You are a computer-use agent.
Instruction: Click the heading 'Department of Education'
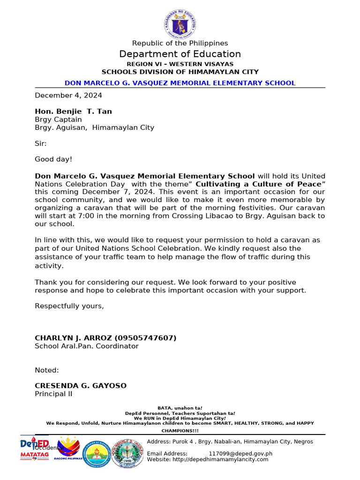coord(180,54)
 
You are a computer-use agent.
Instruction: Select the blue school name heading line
coord(180,83)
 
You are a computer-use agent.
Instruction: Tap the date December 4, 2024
coord(68,95)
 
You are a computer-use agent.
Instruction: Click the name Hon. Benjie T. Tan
coord(73,111)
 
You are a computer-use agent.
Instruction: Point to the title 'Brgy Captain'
coord(58,120)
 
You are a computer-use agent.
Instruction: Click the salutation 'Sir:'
coord(41,143)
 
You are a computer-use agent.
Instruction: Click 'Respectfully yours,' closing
coord(69,306)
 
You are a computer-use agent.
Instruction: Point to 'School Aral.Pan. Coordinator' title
coord(87,346)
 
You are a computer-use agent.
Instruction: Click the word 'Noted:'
coord(47,370)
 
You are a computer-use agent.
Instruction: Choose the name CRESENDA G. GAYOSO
coord(81,386)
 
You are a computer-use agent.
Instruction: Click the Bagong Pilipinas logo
coord(69,450)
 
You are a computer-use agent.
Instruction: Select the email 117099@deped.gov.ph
coord(240,453)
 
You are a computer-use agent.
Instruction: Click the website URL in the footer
coord(220,459)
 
